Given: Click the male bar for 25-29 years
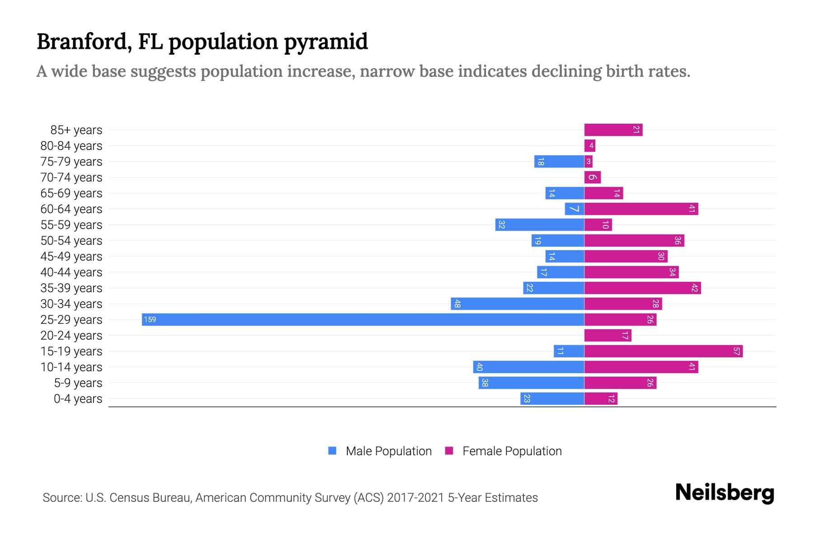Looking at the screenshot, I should click(x=363, y=319).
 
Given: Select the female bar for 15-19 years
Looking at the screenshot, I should click(x=663, y=351).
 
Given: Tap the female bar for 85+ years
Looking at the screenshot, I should click(x=613, y=130).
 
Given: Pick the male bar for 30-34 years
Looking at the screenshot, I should click(x=517, y=304).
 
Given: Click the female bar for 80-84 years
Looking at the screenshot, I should click(x=589, y=145).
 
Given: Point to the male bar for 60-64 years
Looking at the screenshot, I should click(x=574, y=209).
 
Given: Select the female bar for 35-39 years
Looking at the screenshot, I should click(x=642, y=288).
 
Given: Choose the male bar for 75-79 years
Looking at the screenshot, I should click(x=559, y=161).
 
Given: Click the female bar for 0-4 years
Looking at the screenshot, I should click(x=601, y=398).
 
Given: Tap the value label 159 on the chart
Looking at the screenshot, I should click(x=150, y=319).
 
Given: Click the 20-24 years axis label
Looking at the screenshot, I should click(x=71, y=335).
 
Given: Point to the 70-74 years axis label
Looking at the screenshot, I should click(x=71, y=177).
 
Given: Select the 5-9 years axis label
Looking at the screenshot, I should click(x=78, y=383).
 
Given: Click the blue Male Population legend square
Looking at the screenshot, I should click(x=332, y=450).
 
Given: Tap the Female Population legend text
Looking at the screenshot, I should click(x=512, y=451).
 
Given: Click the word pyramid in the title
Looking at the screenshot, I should click(x=326, y=42).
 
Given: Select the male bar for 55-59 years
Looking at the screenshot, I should click(x=539, y=224).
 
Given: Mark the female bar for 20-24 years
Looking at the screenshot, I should click(x=607, y=335).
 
